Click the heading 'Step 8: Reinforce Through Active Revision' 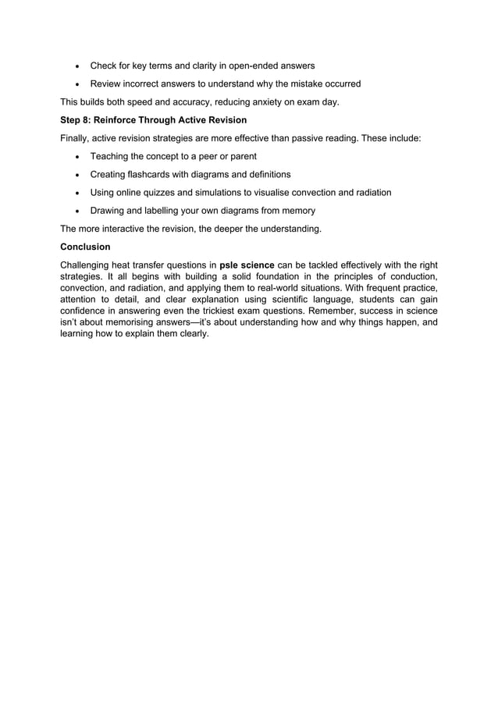[153, 120]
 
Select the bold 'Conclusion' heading [85, 246]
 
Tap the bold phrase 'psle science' [247, 265]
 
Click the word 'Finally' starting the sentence [76, 138]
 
